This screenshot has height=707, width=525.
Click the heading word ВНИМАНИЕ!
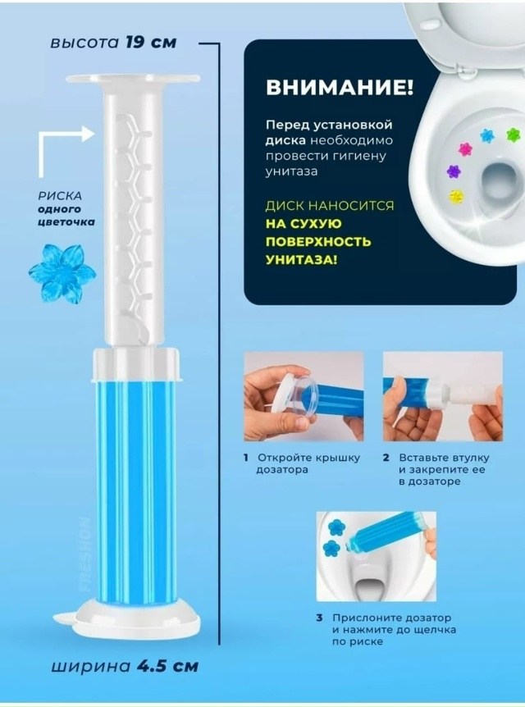[339, 87]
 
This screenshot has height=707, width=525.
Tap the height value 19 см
[151, 43]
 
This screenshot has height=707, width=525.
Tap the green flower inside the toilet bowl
[513, 134]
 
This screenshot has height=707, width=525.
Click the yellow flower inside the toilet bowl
[456, 195]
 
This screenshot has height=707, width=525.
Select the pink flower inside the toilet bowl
[464, 148]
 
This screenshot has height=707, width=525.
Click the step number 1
[246, 458]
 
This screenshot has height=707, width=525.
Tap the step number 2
[386, 458]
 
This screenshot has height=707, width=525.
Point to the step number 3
[319, 618]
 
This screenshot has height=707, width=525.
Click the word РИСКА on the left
[60, 196]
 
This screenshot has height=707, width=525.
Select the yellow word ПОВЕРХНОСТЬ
[318, 242]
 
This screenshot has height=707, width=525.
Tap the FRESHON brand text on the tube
[84, 554]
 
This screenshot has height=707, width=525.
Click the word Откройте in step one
[282, 458]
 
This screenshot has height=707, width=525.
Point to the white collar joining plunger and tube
[137, 363]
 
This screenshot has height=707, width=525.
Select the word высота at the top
[84, 43]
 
